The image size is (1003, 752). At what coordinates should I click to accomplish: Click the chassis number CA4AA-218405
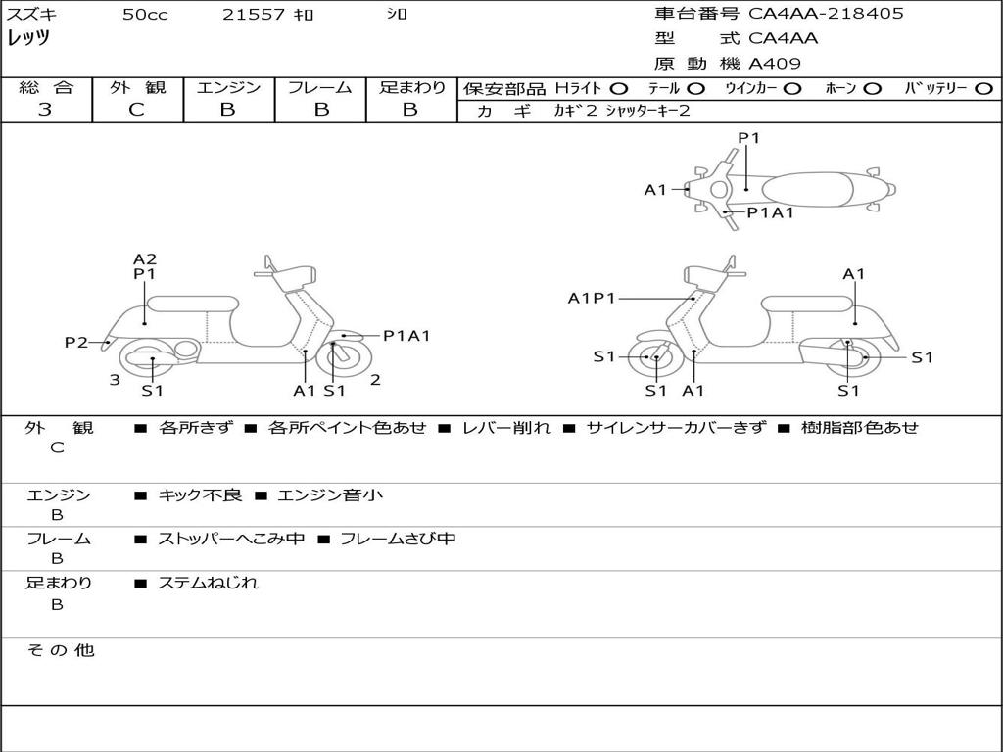point(826,14)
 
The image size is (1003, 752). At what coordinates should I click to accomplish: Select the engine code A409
point(774,64)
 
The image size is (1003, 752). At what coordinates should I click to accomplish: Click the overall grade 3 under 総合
point(45,110)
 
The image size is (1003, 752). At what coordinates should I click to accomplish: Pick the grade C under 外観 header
point(137,110)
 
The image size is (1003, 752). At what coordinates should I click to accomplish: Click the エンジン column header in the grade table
point(228,87)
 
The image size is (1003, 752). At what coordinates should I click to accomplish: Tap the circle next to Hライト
point(619,89)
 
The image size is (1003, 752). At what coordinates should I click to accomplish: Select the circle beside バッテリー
point(984,89)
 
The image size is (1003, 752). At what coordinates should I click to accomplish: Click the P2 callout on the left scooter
point(76,342)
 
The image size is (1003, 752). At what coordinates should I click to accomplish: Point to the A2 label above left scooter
point(145,258)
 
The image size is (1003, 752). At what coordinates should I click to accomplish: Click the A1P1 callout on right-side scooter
point(592,298)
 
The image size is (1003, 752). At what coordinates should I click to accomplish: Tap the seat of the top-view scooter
point(807,190)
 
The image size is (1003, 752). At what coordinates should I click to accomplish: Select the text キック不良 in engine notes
point(200,494)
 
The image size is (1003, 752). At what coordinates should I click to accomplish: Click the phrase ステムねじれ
point(208,583)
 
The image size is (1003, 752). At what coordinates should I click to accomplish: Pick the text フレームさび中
point(398,539)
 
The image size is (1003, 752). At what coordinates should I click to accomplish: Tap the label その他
point(61,650)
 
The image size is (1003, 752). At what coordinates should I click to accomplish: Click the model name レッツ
point(28,38)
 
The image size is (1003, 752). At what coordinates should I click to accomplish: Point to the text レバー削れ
point(506,427)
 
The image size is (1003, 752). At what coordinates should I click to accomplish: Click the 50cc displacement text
point(145,14)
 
